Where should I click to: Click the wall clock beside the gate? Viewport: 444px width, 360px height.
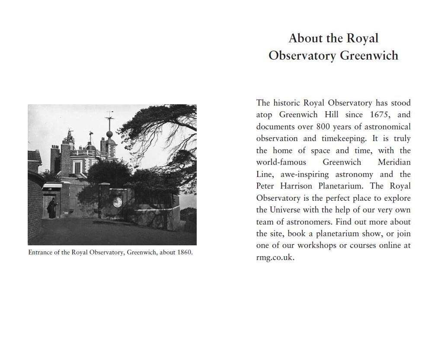pyautogui.click(x=117, y=202)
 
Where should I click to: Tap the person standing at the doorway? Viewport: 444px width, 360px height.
pyautogui.click(x=52, y=208)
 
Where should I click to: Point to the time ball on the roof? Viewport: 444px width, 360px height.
pyautogui.click(x=109, y=134)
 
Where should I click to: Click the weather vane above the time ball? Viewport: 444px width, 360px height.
pyautogui.click(x=109, y=116)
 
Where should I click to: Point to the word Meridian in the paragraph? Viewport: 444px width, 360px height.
pyautogui.click(x=394, y=162)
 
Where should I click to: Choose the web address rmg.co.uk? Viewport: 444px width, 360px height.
pyautogui.click(x=275, y=257)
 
